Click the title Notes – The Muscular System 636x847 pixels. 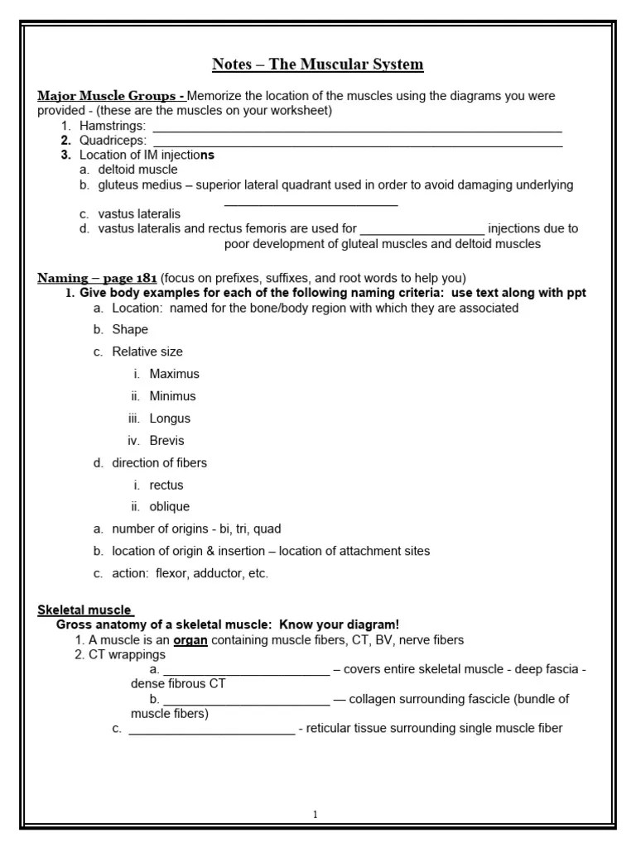tap(318, 65)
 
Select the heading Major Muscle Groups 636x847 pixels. tap(109, 96)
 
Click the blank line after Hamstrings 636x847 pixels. tap(357, 127)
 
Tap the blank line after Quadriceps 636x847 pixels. tap(358, 142)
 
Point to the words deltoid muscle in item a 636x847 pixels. tap(137, 170)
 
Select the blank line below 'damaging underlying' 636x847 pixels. tap(311, 203)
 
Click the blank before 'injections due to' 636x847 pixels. tap(422, 229)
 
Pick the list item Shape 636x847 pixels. tap(130, 329)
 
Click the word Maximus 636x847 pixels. tap(174, 374)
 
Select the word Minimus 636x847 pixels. tap(174, 396)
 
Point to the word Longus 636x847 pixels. tap(170, 419)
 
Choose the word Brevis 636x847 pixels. tap(166, 441)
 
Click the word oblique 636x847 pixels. tap(169, 507)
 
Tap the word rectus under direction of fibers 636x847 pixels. tap(166, 485)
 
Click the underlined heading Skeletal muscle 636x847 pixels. tap(85, 610)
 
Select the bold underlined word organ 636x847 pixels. tap(190, 640)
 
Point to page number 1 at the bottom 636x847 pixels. tap(316, 815)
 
